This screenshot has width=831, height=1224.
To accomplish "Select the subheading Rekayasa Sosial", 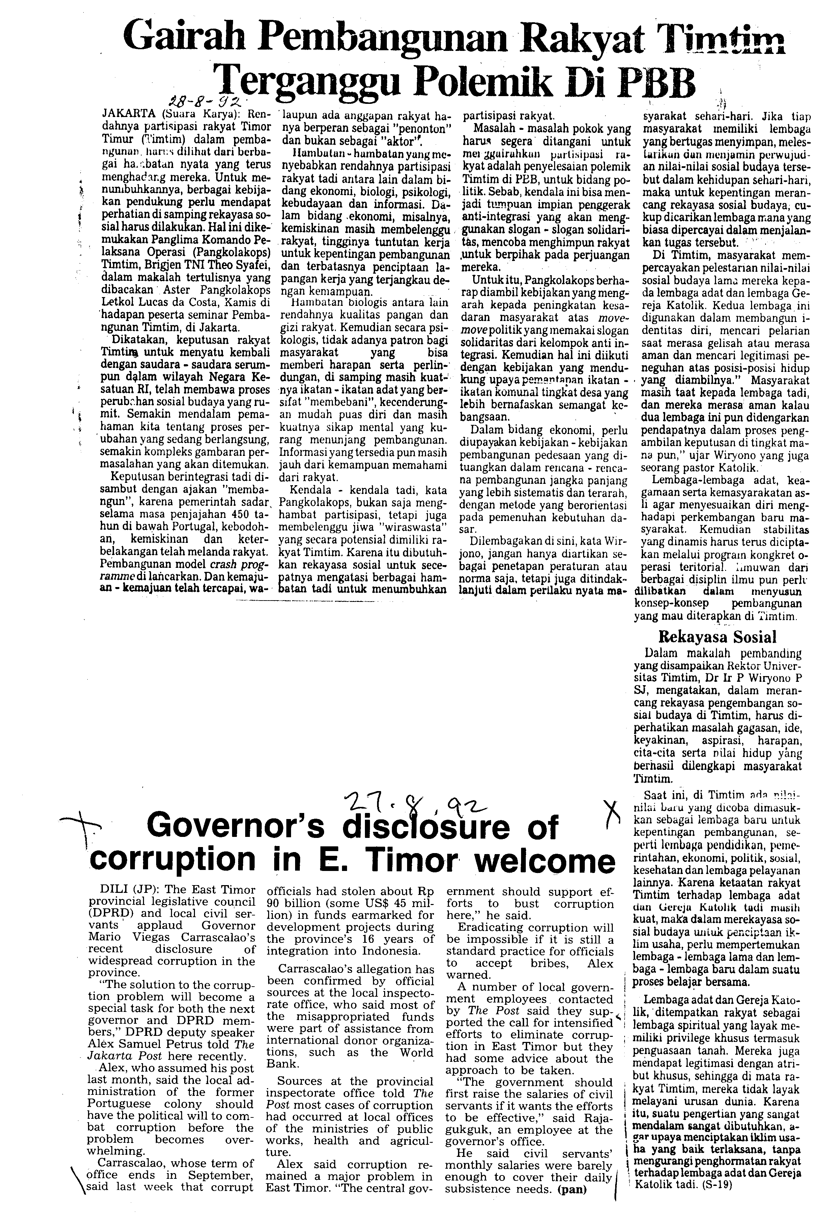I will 717,637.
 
